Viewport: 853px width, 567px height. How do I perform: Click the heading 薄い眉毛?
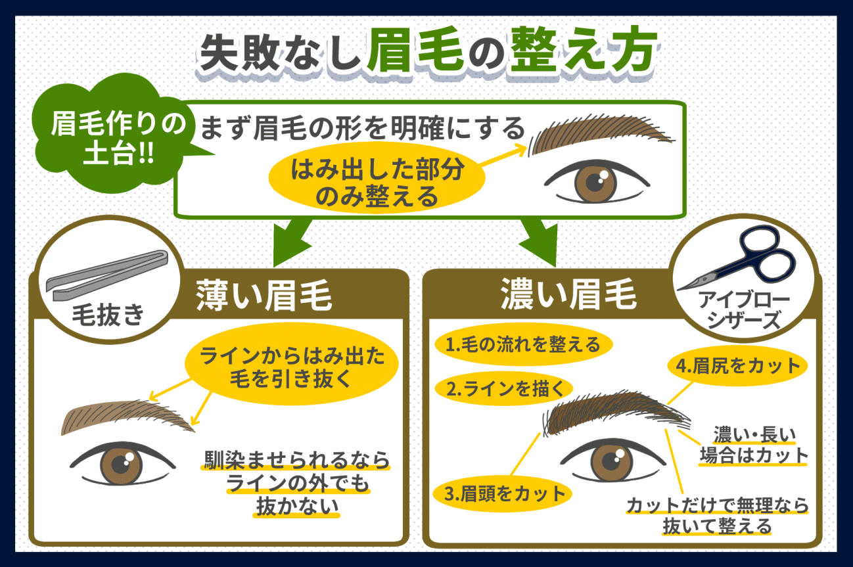coord(264,296)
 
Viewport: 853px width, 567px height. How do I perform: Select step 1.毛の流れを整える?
coord(522,344)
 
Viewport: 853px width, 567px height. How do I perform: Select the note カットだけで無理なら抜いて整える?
coord(717,515)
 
